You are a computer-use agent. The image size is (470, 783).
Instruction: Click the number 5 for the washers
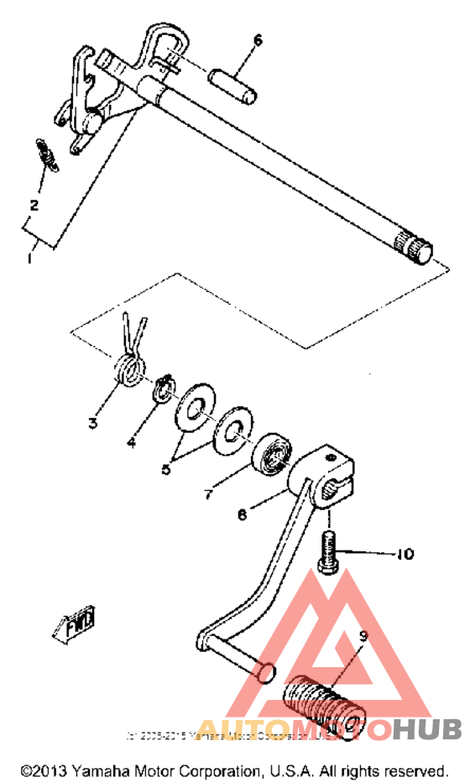point(166,470)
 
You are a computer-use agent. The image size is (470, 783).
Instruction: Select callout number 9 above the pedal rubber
point(363,637)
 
